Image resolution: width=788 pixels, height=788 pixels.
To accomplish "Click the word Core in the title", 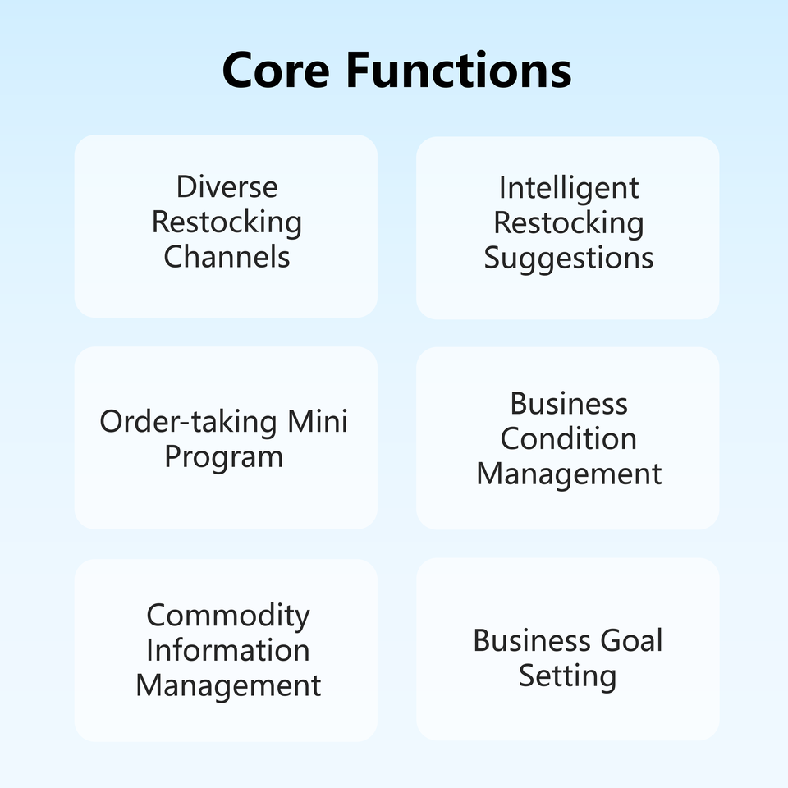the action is (277, 70).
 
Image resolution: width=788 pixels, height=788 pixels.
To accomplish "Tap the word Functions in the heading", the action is (458, 70).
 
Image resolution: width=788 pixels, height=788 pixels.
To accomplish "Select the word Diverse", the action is (227, 187).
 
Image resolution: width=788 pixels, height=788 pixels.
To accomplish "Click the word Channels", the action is (227, 256).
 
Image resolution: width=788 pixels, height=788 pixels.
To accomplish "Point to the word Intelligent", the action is (568, 188).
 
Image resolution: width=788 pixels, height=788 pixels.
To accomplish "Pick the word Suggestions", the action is (568, 258).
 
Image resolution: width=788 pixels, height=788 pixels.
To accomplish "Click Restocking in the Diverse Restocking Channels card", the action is (227, 222).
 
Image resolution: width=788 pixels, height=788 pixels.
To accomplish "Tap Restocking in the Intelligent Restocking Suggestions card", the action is (568, 222).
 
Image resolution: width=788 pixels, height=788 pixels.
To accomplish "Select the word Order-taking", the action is (188, 421).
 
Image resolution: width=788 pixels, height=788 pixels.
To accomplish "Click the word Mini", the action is (317, 421).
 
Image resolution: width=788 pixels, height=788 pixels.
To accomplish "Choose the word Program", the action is (223, 456).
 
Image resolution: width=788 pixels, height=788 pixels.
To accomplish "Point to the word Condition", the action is (568, 438).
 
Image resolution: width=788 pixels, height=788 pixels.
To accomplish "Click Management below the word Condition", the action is (568, 474).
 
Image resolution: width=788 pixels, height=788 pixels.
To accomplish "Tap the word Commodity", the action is (227, 615).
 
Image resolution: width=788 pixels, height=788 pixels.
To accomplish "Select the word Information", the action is (227, 650).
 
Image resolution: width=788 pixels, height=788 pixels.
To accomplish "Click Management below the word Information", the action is (227, 685).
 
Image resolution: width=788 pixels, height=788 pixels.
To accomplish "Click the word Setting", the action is (567, 676).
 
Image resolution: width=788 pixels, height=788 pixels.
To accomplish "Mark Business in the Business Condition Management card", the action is (568, 404).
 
